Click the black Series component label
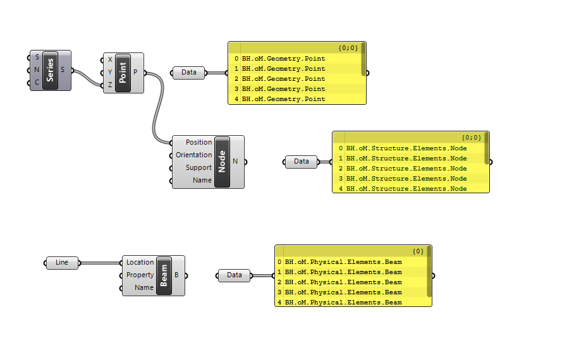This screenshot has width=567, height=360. click(50, 70)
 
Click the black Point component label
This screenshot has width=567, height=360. click(123, 73)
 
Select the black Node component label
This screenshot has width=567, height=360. click(222, 162)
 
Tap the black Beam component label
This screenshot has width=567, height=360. click(164, 275)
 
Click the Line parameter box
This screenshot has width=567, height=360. click(62, 263)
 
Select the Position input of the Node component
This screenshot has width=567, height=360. click(198, 143)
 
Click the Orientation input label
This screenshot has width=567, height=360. click(193, 155)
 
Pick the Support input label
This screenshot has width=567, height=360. click(198, 168)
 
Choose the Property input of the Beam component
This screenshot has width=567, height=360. click(140, 275)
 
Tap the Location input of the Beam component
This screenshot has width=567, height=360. click(140, 263)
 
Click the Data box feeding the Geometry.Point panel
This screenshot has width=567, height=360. click(188, 73)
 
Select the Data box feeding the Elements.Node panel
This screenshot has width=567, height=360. click(301, 162)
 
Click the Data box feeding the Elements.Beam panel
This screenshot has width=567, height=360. click(234, 275)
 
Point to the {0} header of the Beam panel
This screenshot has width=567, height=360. click(418, 251)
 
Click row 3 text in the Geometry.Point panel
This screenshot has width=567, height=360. click(283, 89)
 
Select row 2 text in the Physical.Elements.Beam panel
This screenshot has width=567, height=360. click(343, 282)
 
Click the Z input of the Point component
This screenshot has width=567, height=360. click(110, 85)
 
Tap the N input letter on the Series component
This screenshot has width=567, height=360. click(37, 69)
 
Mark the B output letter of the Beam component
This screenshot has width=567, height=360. click(176, 275)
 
